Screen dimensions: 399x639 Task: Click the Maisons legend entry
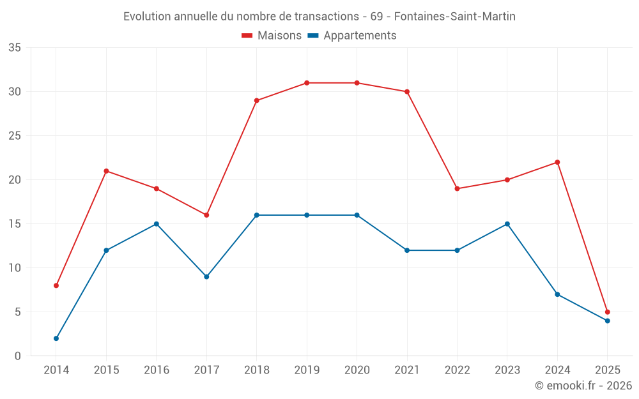click(x=272, y=36)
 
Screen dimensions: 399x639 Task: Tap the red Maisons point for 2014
click(x=56, y=285)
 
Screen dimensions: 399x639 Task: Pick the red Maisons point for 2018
click(x=257, y=101)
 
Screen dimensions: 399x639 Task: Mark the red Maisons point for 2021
click(x=407, y=92)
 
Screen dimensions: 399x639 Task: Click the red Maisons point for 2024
click(x=557, y=162)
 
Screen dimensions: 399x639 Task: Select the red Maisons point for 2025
click(x=608, y=312)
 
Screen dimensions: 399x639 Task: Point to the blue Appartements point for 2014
click(x=56, y=338)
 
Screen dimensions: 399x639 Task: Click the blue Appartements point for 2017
click(x=206, y=276)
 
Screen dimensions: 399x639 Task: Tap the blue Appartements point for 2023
click(x=507, y=224)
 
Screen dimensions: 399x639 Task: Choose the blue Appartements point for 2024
click(x=557, y=294)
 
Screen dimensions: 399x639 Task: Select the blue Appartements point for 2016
click(x=157, y=224)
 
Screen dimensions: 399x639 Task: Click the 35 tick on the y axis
click(x=15, y=48)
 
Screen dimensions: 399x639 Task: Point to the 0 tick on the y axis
click(x=18, y=356)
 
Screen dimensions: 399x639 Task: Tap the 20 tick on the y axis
click(x=15, y=180)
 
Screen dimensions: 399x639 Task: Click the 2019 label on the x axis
click(x=307, y=370)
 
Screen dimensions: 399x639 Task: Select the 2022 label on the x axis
click(x=457, y=370)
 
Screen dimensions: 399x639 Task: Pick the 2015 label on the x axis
click(x=106, y=370)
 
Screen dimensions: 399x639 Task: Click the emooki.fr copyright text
click(x=583, y=386)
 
